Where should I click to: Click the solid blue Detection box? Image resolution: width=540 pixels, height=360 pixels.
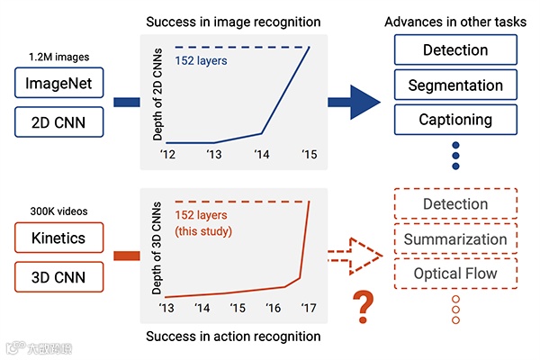pyautogui.click(x=455, y=51)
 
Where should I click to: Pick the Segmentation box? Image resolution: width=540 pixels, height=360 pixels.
pyautogui.click(x=455, y=85)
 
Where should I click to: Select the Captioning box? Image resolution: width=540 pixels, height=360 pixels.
pyautogui.click(x=455, y=119)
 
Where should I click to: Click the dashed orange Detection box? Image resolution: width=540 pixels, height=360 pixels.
pyautogui.click(x=455, y=204)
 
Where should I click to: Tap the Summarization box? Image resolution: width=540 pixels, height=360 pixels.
pyautogui.click(x=455, y=239)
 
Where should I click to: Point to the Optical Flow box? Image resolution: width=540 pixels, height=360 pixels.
pyautogui.click(x=455, y=273)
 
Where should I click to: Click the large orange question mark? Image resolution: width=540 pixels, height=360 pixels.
pyautogui.click(x=364, y=307)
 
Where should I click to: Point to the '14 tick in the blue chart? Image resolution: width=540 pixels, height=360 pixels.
pyautogui.click(x=262, y=154)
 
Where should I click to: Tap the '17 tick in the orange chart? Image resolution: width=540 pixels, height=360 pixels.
pyautogui.click(x=308, y=309)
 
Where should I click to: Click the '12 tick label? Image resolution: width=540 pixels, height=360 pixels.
pyautogui.click(x=168, y=154)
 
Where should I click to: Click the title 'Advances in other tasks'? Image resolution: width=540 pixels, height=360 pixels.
pyautogui.click(x=455, y=20)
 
